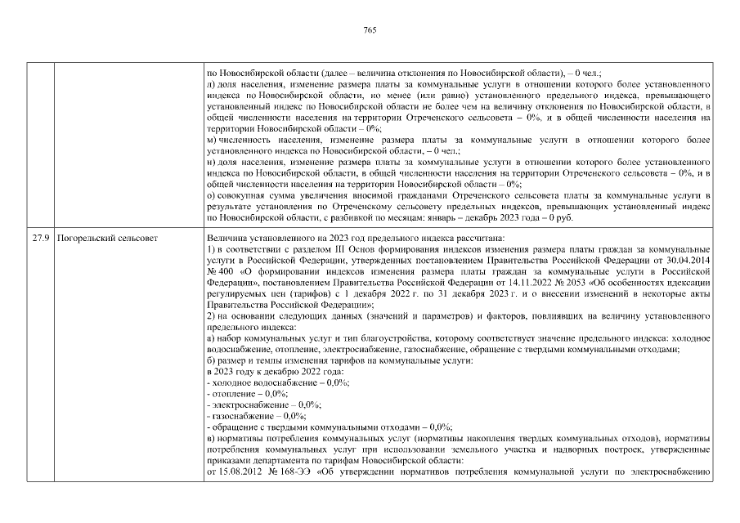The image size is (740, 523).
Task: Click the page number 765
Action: point(370,30)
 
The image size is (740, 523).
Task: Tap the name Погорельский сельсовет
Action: point(104,239)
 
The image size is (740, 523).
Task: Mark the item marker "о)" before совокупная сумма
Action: point(212,196)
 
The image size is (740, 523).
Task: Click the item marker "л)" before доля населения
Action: point(212,85)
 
